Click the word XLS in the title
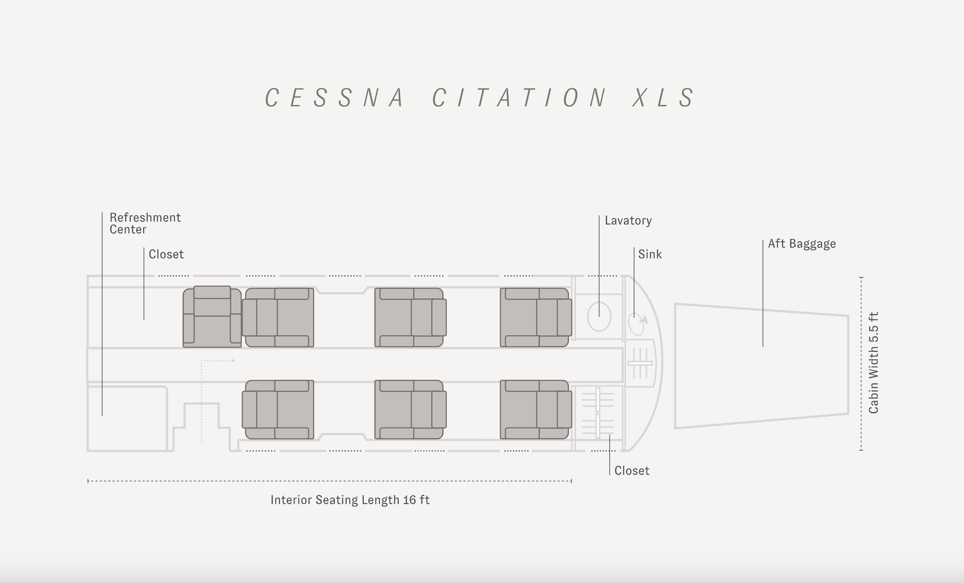coord(663,98)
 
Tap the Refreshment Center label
coord(145,223)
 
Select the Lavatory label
coord(628,221)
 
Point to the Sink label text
coord(650,255)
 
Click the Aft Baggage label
coord(802,244)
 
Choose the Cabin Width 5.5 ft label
coord(874,363)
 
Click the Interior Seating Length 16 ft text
coord(350,500)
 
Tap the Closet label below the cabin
coord(632,471)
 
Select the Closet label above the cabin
coord(166,255)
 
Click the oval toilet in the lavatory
coord(599,316)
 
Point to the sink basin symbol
coord(636,324)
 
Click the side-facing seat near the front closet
coord(212,317)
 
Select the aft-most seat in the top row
coord(536,317)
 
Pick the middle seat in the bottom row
coord(410,409)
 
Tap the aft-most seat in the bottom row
coord(536,409)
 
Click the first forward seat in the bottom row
coord(278,409)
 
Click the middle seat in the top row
coord(410,317)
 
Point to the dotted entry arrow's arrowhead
coord(233,361)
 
